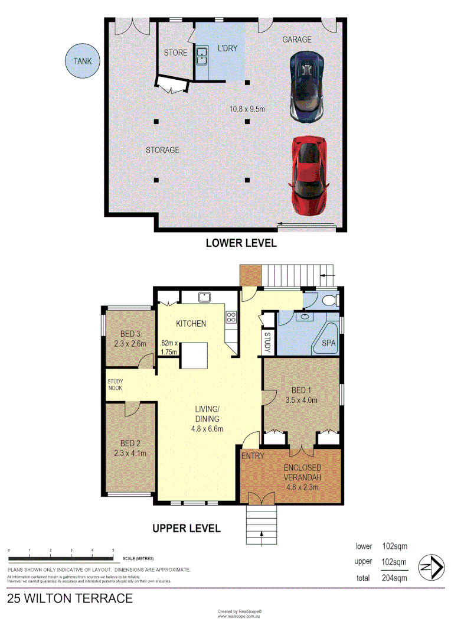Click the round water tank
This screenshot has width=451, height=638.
pyautogui.click(x=83, y=61)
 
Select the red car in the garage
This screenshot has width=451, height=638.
pyautogui.click(x=309, y=175)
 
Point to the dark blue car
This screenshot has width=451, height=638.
pyautogui.click(x=306, y=86)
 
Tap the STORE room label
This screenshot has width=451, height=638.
pyautogui.click(x=175, y=53)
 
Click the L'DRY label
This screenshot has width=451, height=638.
pyautogui.click(x=227, y=48)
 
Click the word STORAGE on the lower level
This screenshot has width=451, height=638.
pyautogui.click(x=162, y=150)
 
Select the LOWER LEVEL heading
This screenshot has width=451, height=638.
pyautogui.click(x=241, y=242)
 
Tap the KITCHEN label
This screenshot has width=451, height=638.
pyautogui.click(x=191, y=323)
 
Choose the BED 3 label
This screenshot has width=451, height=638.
pyautogui.click(x=129, y=333)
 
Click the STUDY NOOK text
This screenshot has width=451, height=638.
pyautogui.click(x=115, y=385)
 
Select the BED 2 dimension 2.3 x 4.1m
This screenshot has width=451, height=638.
pyautogui.click(x=129, y=454)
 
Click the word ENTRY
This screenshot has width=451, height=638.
pyautogui.click(x=252, y=456)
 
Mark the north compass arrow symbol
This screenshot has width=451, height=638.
pyautogui.click(x=431, y=568)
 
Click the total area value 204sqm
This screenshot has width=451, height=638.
pyautogui.click(x=393, y=578)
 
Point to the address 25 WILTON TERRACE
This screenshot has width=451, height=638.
pyautogui.click(x=70, y=598)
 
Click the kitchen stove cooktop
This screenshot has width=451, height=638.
pyautogui.click(x=231, y=317)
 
